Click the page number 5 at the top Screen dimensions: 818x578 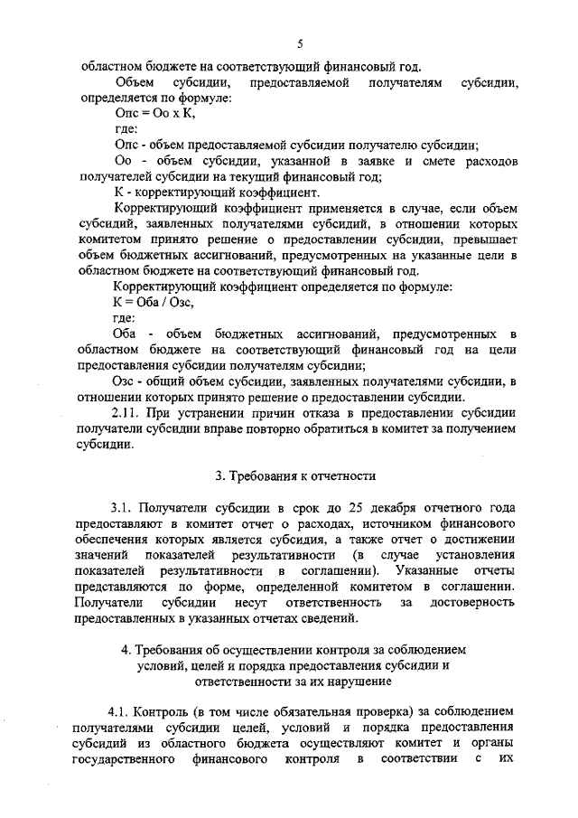(298, 42)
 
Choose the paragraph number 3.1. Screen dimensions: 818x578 (124, 507)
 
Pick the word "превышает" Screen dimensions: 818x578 (484, 240)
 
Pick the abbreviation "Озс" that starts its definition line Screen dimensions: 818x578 (128, 381)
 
